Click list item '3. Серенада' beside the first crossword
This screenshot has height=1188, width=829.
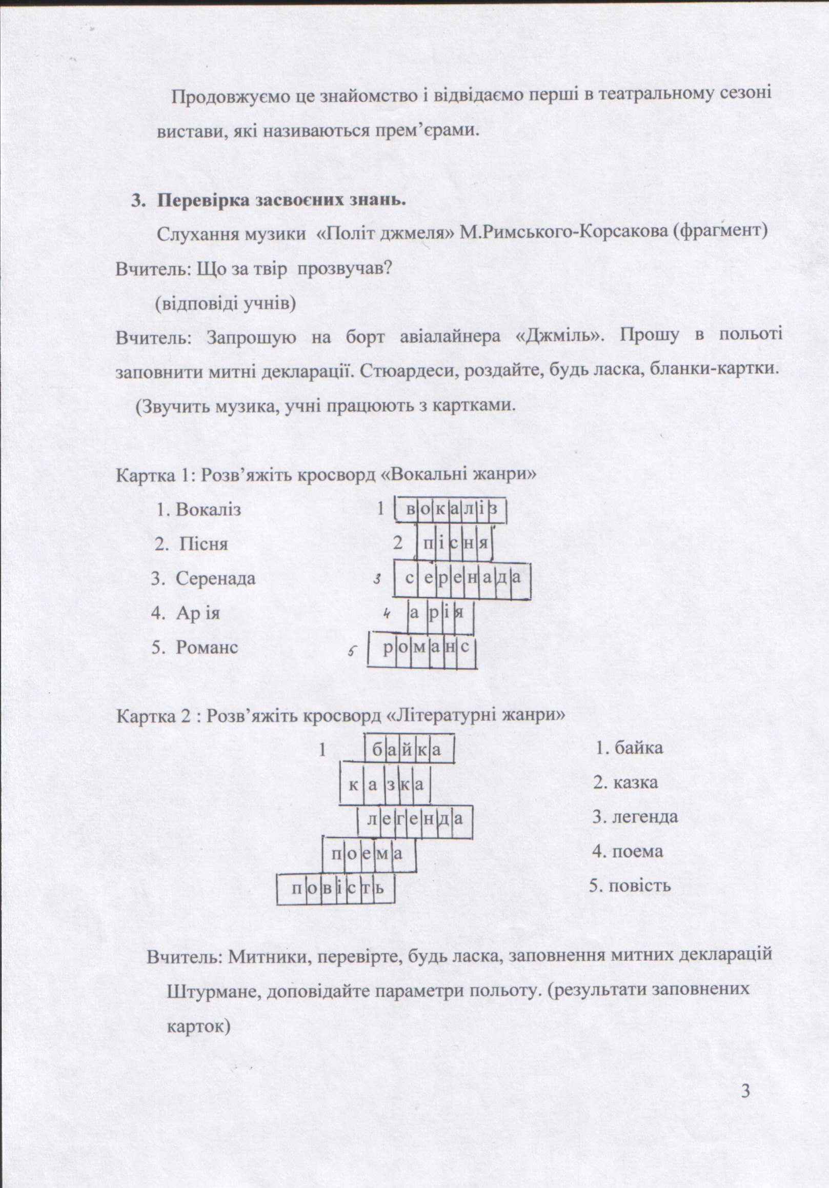pos(204,578)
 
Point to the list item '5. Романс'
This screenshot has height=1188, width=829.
pos(195,647)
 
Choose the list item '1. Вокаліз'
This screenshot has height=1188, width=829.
pos(199,510)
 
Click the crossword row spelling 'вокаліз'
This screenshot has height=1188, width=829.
pos(451,510)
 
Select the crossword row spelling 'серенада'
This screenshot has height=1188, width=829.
pos(462,578)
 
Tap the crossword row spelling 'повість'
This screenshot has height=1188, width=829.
pos(335,889)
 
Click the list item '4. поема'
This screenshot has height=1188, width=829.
pos(627,851)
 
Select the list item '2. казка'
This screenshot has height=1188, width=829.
pos(625,782)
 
